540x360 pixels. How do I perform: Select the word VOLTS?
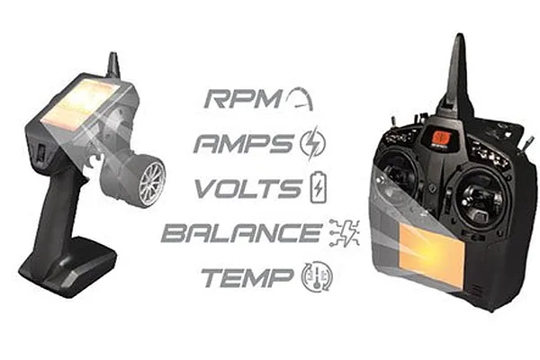click(248, 188)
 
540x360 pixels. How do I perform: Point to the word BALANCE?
click(242, 233)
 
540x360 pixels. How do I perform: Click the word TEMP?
click(247, 278)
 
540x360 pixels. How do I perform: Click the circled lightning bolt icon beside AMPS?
click(312, 143)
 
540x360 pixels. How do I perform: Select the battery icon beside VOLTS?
click(319, 187)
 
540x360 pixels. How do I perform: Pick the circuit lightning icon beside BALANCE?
click(345, 233)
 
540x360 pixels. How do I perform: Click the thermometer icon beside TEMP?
click(317, 277)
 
